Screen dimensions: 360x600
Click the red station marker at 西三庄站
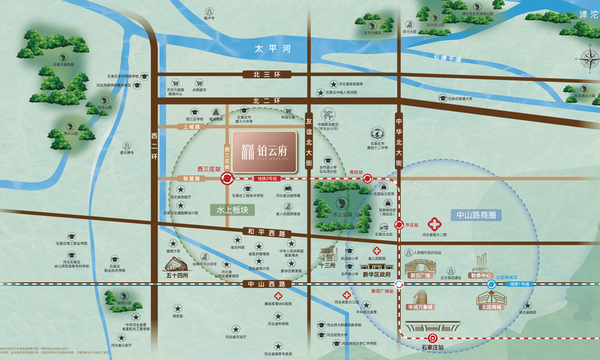point(228,180)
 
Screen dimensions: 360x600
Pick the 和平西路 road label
point(266,233)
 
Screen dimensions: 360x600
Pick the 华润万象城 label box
point(419,306)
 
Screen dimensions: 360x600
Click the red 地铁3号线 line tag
point(266,180)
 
